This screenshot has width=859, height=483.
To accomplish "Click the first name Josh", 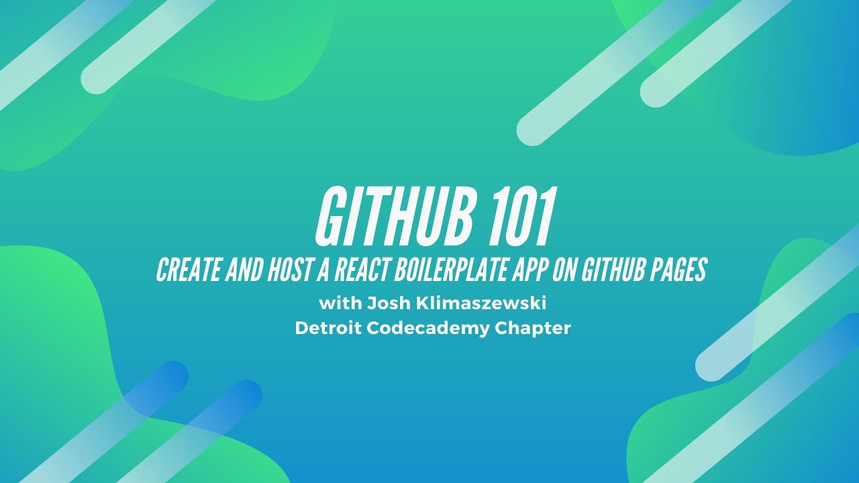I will point(385,303).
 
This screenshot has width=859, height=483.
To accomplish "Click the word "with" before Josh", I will point(340,303).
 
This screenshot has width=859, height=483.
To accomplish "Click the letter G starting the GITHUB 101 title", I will point(328,217).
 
